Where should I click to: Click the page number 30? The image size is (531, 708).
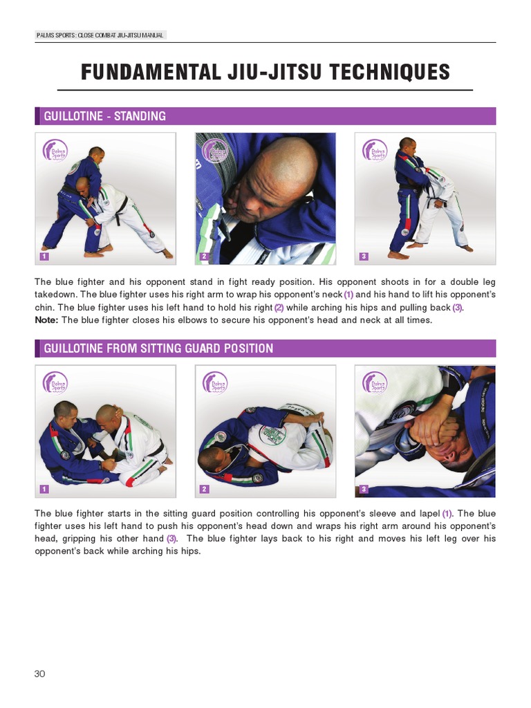click(39, 673)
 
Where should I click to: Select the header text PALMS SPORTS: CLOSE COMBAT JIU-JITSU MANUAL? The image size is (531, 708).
click(100, 35)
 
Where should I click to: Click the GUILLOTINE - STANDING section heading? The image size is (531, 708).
click(104, 116)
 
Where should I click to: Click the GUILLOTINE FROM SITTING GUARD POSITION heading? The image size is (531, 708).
click(158, 348)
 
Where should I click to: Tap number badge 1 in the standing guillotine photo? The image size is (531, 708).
click(44, 257)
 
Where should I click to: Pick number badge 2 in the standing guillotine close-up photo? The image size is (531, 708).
click(204, 257)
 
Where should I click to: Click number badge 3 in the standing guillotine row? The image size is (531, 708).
click(364, 257)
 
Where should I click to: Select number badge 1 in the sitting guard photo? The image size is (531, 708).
click(44, 490)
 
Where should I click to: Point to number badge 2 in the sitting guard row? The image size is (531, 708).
click(204, 490)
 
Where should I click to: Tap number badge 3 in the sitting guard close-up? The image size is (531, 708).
click(364, 490)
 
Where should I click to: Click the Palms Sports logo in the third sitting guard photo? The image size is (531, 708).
click(375, 383)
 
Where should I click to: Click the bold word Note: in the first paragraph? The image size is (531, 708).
click(46, 320)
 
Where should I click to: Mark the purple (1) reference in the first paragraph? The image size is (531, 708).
click(348, 295)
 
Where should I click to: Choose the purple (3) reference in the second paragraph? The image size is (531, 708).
click(171, 539)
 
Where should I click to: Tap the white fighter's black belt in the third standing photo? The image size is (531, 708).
click(438, 201)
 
